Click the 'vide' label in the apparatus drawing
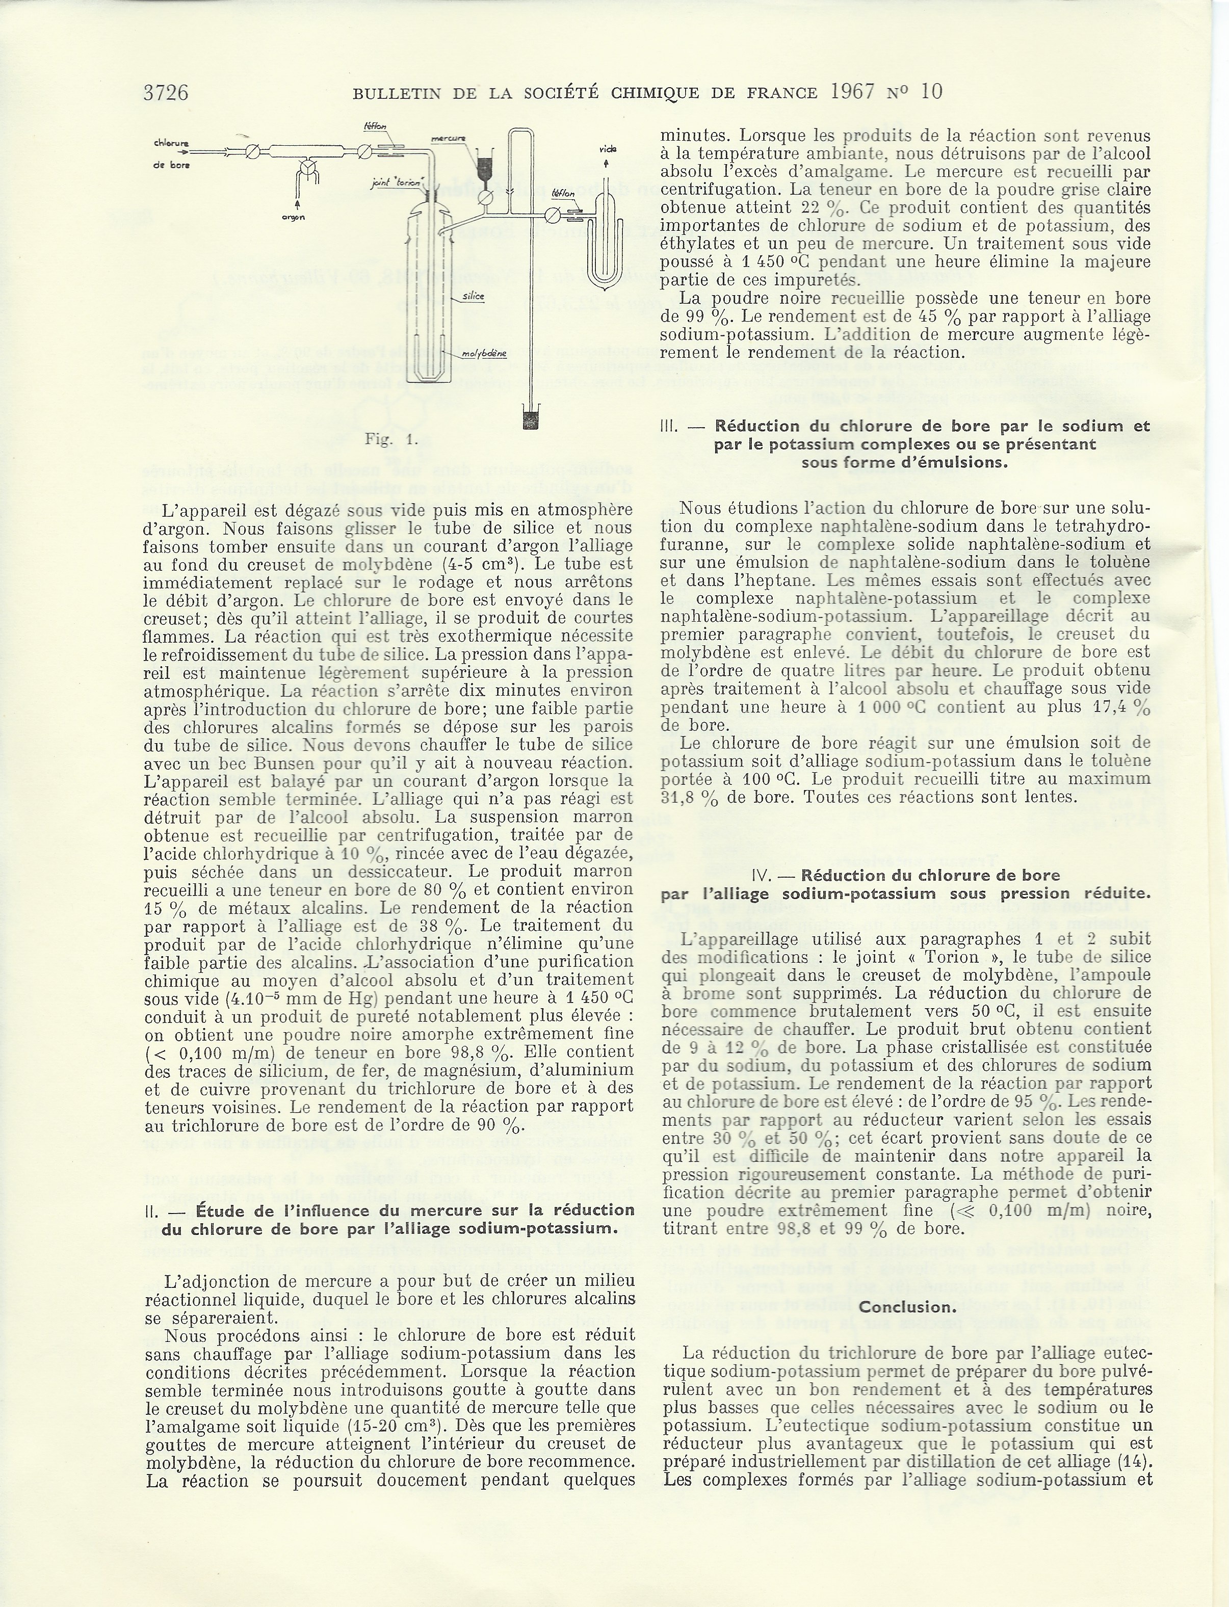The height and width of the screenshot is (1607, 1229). coord(607,149)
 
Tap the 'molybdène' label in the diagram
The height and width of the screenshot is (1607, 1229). coord(486,355)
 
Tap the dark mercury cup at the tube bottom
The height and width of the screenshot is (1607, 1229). coord(530,421)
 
